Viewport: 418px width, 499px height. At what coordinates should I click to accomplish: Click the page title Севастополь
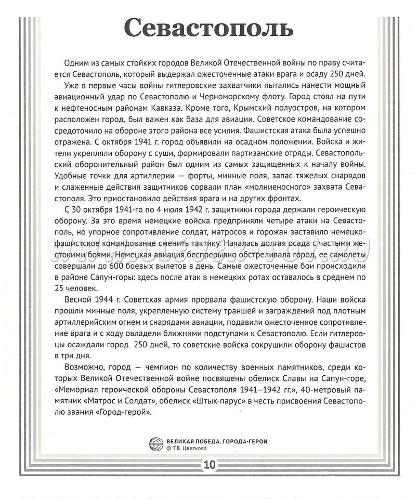pos(210,29)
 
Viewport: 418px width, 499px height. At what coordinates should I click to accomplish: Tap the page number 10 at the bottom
pos(210,464)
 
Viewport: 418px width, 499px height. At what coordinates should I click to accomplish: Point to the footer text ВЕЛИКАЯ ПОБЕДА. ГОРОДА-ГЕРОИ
pos(220,439)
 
